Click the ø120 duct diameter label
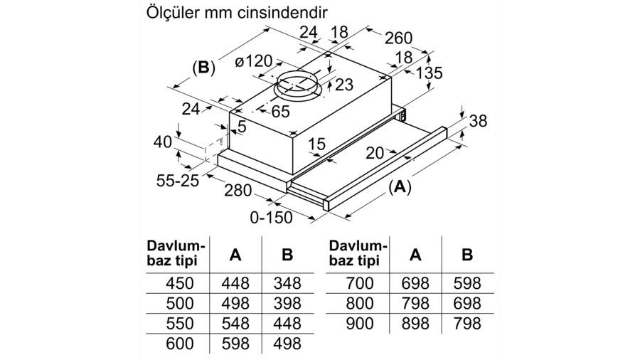pyautogui.click(x=253, y=62)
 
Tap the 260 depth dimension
pyautogui.click(x=398, y=38)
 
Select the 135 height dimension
pyautogui.click(x=429, y=73)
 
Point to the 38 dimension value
pyautogui.click(x=478, y=121)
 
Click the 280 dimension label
pyautogui.click(x=238, y=190)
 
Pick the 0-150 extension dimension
pyautogui.click(x=271, y=218)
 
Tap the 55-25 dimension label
pyautogui.click(x=178, y=181)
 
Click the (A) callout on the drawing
pyautogui.click(x=400, y=187)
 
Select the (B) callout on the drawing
pyautogui.click(x=203, y=68)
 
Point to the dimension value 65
pyautogui.click(x=280, y=111)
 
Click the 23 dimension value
pyautogui.click(x=343, y=85)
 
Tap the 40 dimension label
pyautogui.click(x=163, y=142)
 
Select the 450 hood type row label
pyautogui.click(x=180, y=283)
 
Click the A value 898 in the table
pyautogui.click(x=415, y=324)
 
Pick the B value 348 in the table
pyautogui.click(x=287, y=283)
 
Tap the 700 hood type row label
pyautogui.click(x=360, y=283)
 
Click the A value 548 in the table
pyautogui.click(x=235, y=324)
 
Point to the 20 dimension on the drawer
pyautogui.click(x=375, y=153)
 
